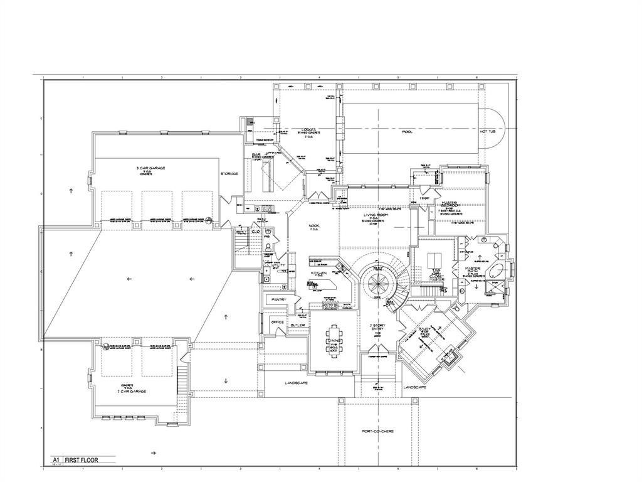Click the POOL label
pos(407,132)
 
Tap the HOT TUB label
pos(488,131)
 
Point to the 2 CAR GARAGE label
pos(131,390)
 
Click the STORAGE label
pos(229,173)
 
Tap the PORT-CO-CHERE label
pos(378,431)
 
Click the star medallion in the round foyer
pos(379,282)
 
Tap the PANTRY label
pos(278,300)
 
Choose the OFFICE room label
pos(277,322)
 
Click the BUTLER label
pos(298,326)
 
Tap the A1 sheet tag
pos(55,460)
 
